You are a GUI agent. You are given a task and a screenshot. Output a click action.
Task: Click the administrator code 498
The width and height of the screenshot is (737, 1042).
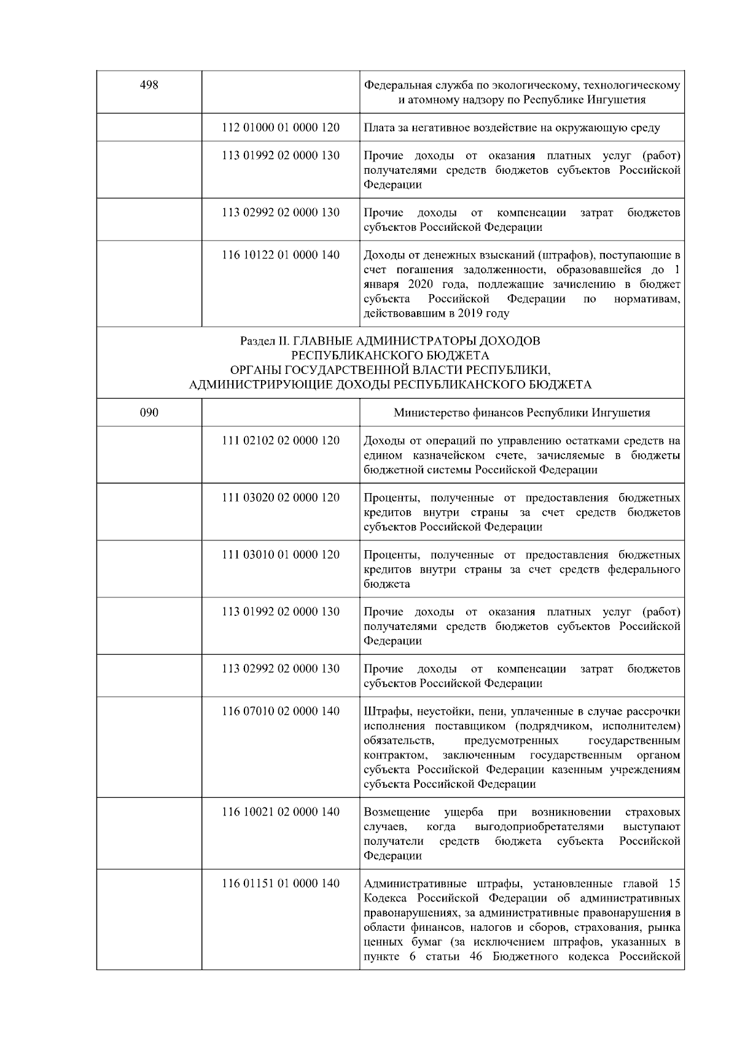coord(149,85)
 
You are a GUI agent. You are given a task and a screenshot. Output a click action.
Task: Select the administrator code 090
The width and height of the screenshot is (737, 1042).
coord(149,413)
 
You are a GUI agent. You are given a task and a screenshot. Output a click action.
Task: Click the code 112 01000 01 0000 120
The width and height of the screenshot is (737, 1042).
coord(281,128)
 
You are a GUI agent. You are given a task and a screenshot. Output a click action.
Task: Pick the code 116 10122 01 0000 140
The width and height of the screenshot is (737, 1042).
coord(281,255)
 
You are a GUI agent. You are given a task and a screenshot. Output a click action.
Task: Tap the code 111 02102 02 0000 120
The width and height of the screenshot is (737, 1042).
coord(281,441)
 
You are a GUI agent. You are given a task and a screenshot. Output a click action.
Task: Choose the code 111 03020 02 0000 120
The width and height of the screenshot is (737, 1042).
coord(281,498)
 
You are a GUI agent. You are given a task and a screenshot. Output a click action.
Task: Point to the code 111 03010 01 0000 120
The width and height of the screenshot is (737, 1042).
coord(281,555)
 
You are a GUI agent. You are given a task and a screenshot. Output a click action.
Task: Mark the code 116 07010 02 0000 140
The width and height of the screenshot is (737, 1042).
coord(281,712)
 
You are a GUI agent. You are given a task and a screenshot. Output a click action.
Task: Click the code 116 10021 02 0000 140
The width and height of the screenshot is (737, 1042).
coord(281,812)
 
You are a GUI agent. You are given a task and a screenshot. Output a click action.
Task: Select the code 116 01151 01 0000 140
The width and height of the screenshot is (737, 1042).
coord(281,884)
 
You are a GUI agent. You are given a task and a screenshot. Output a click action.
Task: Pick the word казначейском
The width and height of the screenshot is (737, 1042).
coord(451,456)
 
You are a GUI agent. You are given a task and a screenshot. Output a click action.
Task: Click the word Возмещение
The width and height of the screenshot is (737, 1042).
coord(397,812)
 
